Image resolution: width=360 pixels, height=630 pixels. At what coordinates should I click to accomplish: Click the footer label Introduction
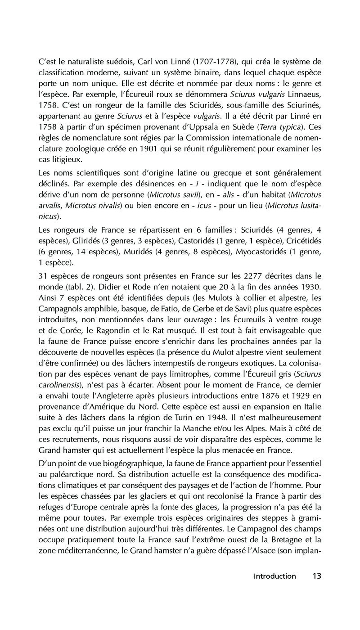point(274,589)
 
